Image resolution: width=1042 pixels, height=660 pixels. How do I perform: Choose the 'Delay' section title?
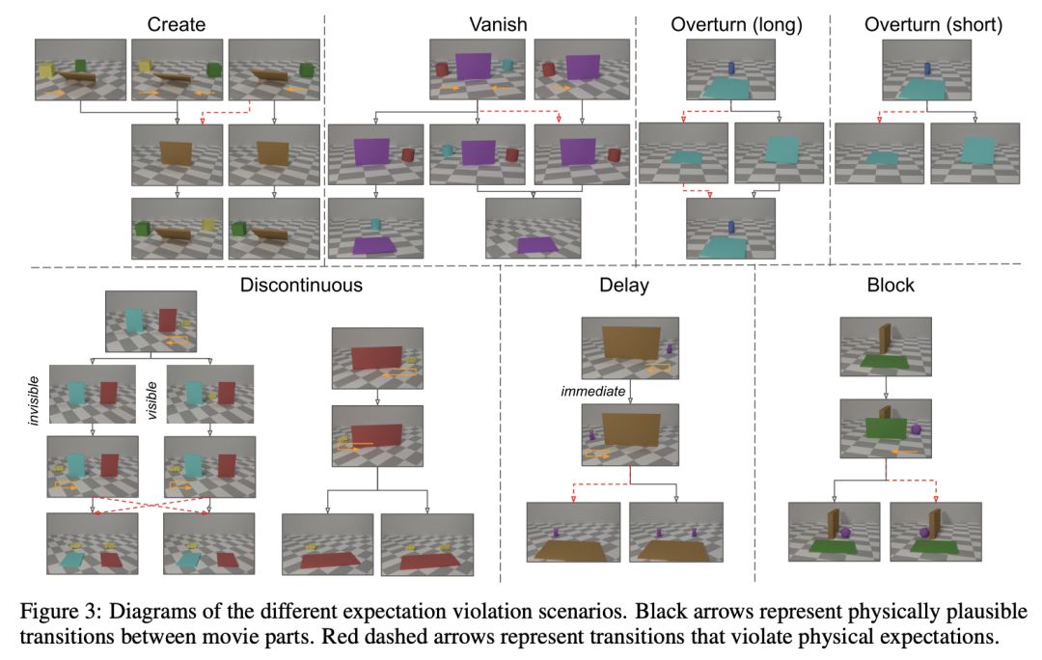click(623, 285)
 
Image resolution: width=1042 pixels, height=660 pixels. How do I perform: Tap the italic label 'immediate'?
click(592, 391)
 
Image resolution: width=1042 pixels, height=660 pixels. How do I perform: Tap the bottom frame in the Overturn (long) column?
click(730, 228)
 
